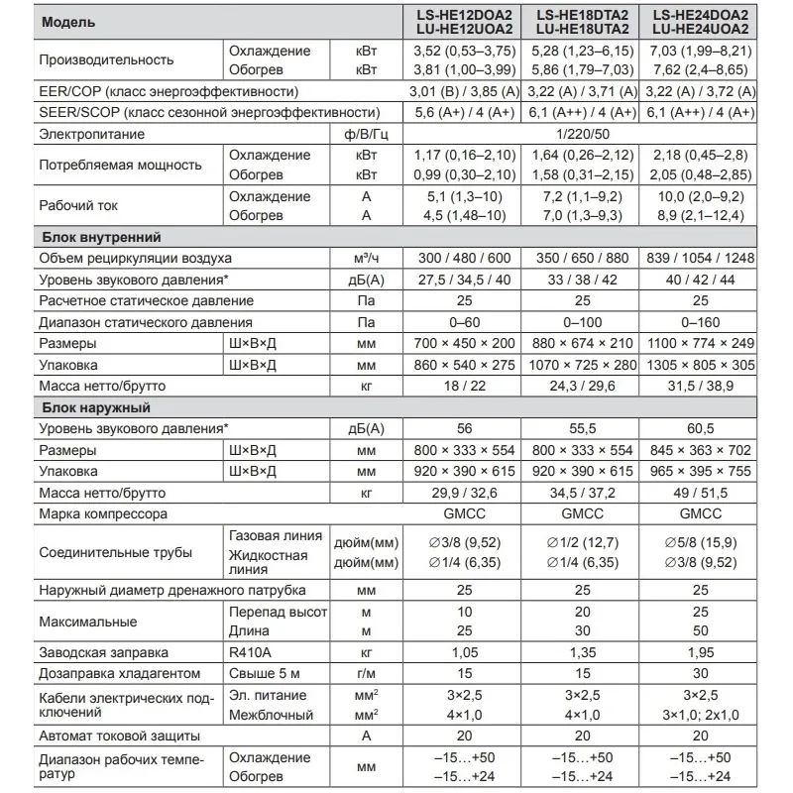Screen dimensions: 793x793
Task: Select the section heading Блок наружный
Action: point(95,407)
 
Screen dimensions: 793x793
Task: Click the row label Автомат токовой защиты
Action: point(121,736)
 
